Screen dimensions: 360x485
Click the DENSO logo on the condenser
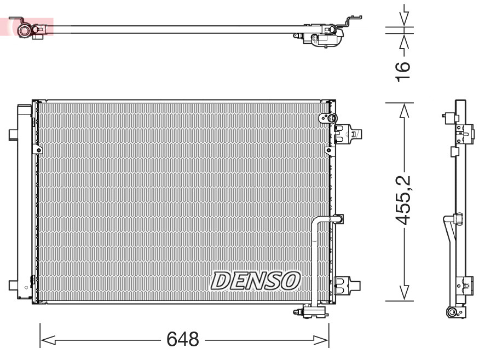click(x=256, y=280)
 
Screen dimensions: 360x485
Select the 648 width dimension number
click(x=183, y=340)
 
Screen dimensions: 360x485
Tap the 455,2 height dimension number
click(x=403, y=201)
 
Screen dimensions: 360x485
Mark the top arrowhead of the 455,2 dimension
click(x=404, y=111)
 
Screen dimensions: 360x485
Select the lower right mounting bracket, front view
click(x=347, y=284)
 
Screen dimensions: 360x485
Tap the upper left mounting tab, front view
click(x=13, y=134)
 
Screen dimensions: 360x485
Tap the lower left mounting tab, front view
click(x=13, y=285)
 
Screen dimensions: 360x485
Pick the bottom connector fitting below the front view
click(x=311, y=312)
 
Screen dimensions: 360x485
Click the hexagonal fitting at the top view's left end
click(x=25, y=28)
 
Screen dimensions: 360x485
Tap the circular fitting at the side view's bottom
click(x=453, y=312)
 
